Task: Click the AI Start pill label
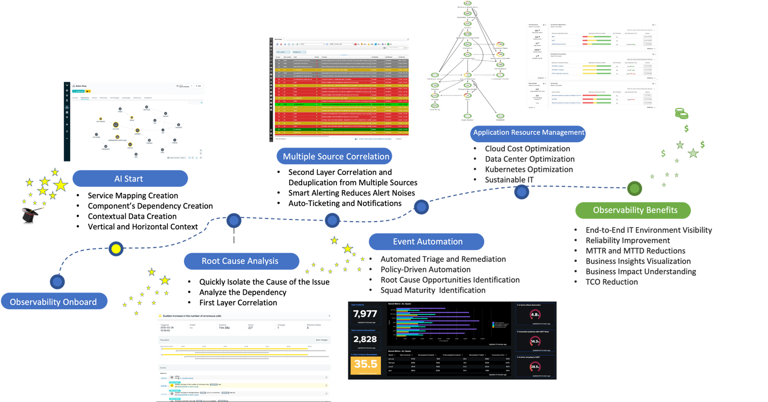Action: (x=130, y=179)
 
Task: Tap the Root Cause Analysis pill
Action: (x=241, y=261)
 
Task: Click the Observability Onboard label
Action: (x=54, y=302)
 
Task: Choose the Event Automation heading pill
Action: (x=427, y=242)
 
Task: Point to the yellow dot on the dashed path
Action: (x=116, y=248)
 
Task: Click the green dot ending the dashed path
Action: (x=635, y=188)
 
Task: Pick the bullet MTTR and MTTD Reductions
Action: (x=635, y=251)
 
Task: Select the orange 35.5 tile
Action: (x=365, y=366)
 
